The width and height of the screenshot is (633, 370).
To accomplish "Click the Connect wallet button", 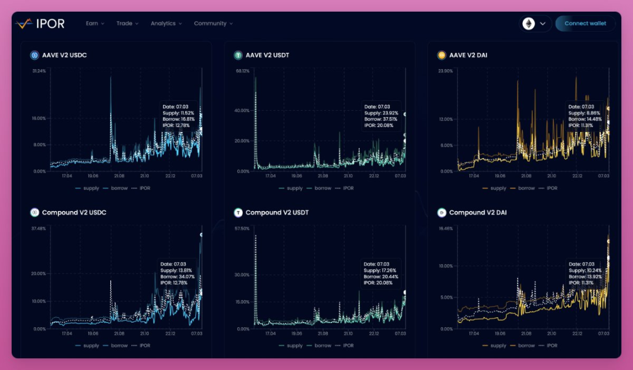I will [585, 23].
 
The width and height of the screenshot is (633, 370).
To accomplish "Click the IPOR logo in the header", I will [40, 23].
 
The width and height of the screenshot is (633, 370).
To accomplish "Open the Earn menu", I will [94, 23].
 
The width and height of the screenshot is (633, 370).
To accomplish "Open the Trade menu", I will [127, 23].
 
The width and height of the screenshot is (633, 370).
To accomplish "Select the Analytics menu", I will [166, 23].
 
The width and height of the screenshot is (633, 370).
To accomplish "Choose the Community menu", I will [213, 23].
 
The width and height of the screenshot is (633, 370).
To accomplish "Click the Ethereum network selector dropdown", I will [536, 23].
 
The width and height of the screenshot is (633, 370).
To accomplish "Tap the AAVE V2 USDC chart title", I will [64, 55].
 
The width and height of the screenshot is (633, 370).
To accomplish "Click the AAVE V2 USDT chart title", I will [267, 55].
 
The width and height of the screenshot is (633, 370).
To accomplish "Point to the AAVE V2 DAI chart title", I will [468, 55].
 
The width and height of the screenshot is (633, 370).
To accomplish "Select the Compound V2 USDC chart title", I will [74, 212].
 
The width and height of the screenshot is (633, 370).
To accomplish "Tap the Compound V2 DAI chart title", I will [478, 212].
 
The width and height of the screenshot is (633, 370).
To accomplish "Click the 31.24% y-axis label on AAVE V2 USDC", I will [39, 71].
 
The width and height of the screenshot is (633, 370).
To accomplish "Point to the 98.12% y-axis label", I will [242, 71].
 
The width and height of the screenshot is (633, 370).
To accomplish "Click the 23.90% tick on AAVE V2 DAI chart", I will [445, 71].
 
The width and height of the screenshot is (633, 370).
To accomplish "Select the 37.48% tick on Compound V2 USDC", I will [39, 229].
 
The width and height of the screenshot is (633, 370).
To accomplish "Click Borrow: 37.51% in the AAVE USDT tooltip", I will [380, 119].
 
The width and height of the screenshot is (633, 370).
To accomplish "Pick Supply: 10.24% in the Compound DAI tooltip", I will [583, 270].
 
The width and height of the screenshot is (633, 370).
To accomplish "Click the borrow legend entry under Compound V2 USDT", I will [322, 346].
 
